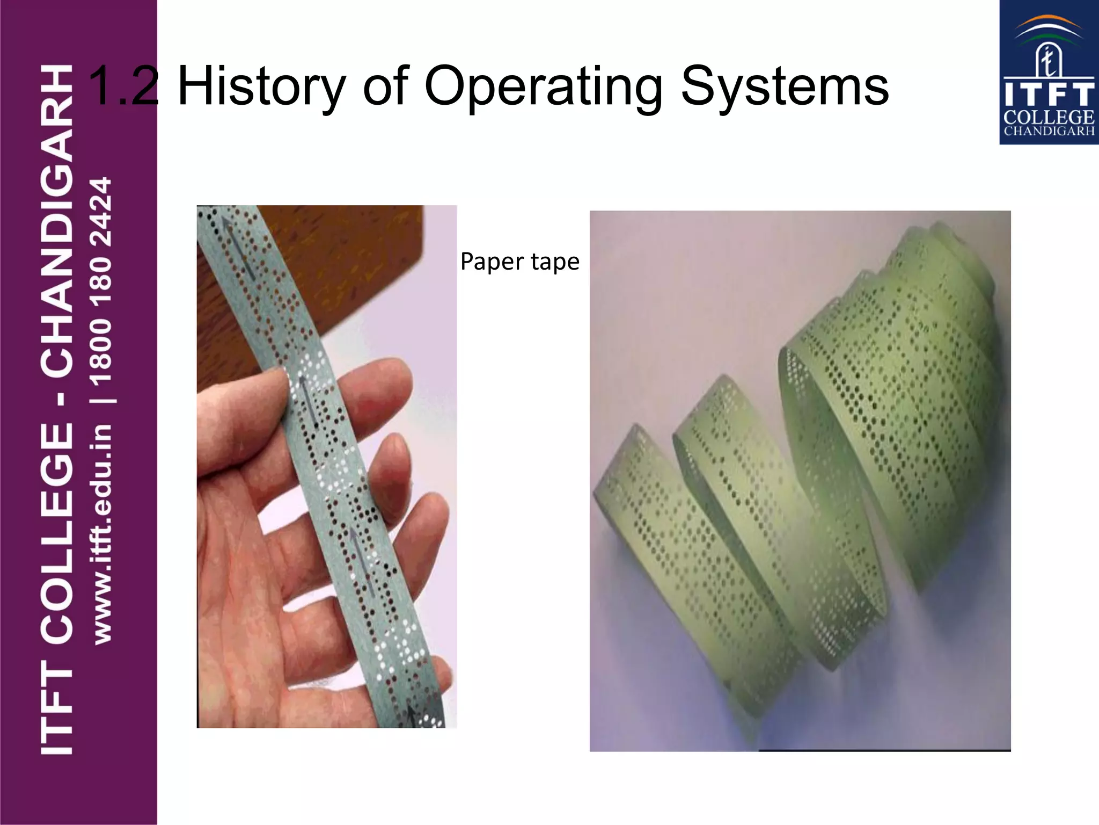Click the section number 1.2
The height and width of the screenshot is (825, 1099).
(123, 86)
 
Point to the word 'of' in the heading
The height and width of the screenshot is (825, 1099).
(385, 86)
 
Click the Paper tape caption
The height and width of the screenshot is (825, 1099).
(519, 262)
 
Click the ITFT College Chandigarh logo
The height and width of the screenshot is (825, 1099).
(1049, 73)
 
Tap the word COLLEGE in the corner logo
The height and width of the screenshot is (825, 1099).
(1049, 117)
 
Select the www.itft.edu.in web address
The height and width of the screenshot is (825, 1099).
(102, 534)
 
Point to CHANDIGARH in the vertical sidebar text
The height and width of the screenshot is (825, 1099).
(57, 220)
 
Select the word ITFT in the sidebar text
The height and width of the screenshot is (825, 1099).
(57, 709)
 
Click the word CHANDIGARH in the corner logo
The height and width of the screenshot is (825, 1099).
(1049, 131)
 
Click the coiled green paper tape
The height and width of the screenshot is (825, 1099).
(805, 483)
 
